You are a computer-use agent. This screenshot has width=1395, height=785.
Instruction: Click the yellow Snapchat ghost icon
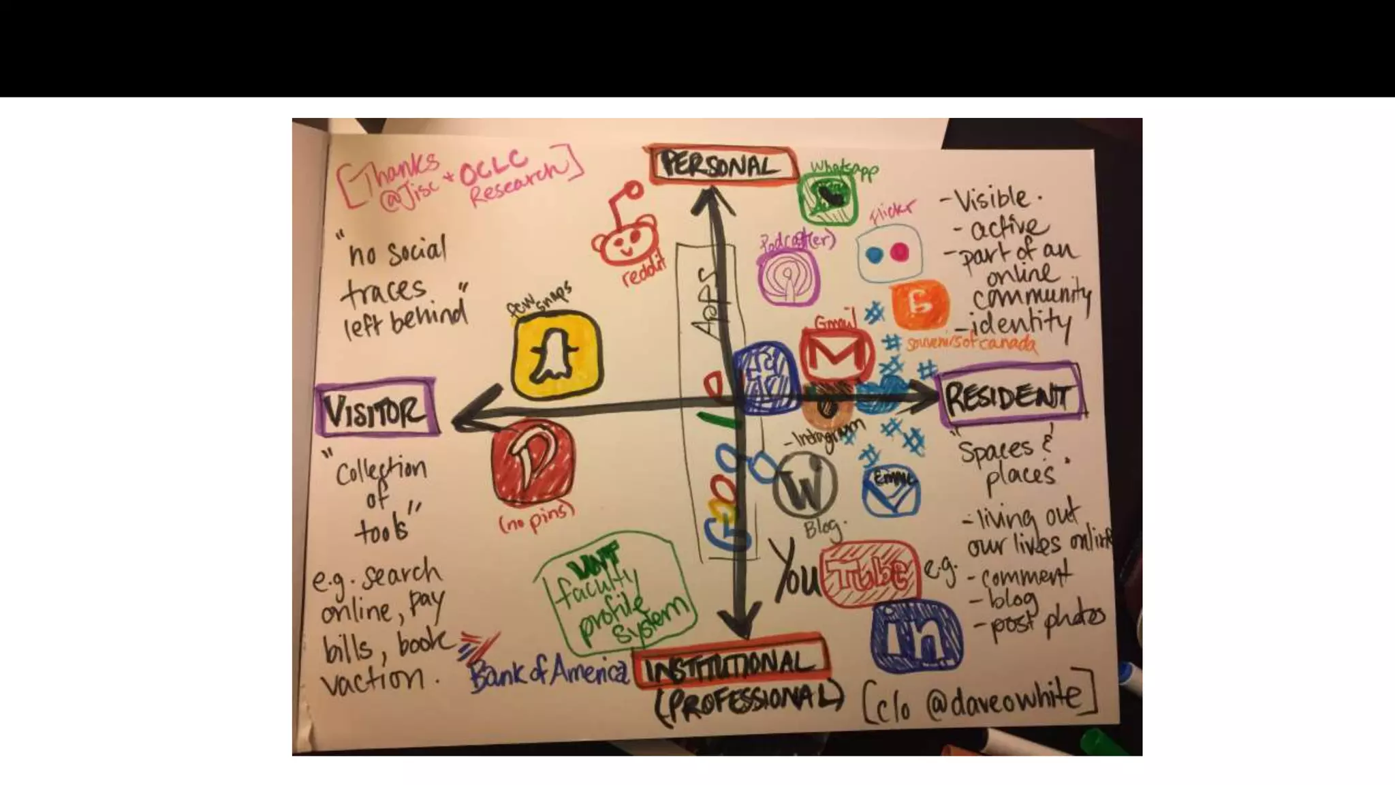(557, 354)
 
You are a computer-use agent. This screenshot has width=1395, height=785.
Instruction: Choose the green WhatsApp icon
(828, 198)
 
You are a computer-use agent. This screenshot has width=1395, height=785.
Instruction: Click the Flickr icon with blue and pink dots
(889, 253)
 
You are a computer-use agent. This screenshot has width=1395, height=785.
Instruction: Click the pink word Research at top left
(518, 181)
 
